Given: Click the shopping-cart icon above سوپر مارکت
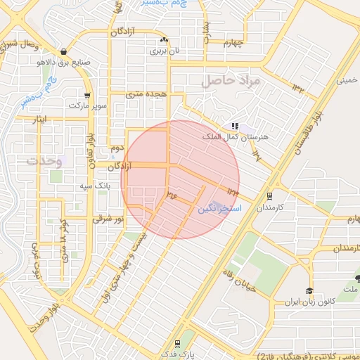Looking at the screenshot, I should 86,96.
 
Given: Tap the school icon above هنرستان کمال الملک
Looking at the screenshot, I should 234,126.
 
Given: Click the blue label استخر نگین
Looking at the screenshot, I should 219,209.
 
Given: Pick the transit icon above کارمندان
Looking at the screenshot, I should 269,197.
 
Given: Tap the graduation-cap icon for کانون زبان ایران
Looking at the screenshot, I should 309,290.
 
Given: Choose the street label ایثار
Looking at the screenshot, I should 43,120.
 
